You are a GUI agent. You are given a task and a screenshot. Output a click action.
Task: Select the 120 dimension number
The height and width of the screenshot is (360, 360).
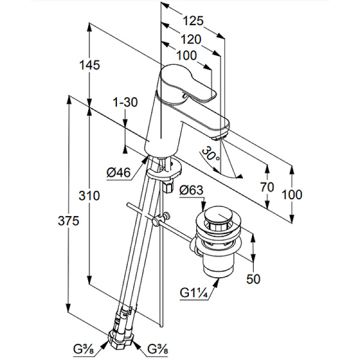coord(190,40)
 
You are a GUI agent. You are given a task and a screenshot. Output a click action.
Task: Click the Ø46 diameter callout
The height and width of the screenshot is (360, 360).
coord(118,173)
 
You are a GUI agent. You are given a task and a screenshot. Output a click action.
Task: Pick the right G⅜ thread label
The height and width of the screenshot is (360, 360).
coord(158,348)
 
